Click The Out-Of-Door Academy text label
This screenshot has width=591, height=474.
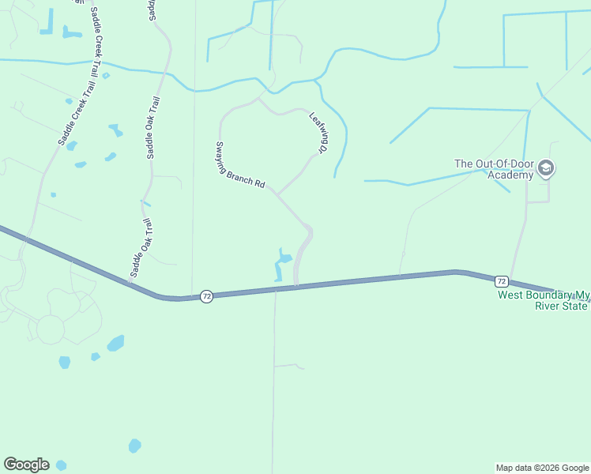[495, 169]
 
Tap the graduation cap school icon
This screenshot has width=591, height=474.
[546, 168]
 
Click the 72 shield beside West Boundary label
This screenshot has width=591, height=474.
[501, 281]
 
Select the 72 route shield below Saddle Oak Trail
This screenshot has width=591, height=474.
[206, 296]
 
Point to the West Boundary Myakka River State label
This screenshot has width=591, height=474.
[543, 300]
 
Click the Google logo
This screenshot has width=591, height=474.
[26, 465]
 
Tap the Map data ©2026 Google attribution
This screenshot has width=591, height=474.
[542, 468]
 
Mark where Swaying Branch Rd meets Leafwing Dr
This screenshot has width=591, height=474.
[276, 192]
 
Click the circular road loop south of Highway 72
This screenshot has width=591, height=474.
[50, 329]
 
